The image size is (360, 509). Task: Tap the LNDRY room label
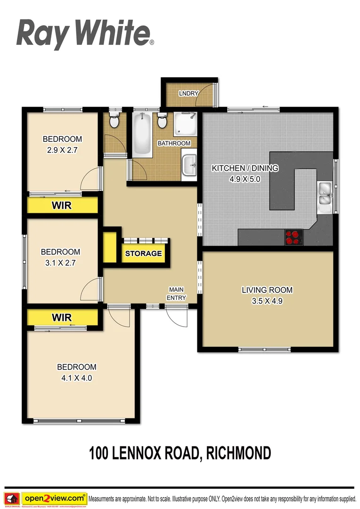click(x=188, y=93)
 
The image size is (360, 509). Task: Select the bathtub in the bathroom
click(x=141, y=135)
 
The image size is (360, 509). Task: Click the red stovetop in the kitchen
click(x=293, y=237)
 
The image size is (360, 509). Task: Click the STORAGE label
click(x=143, y=254)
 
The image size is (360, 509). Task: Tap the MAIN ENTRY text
click(x=177, y=294)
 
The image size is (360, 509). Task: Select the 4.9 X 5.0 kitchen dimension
click(x=245, y=179)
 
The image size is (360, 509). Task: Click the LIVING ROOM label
click(x=267, y=290)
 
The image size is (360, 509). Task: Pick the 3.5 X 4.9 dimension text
click(x=267, y=301)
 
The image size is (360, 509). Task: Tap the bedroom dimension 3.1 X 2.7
click(x=60, y=263)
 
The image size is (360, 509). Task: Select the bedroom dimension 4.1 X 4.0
click(x=77, y=378)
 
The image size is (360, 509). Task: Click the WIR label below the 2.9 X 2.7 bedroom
click(x=61, y=206)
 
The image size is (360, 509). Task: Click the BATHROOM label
click(x=174, y=143)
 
